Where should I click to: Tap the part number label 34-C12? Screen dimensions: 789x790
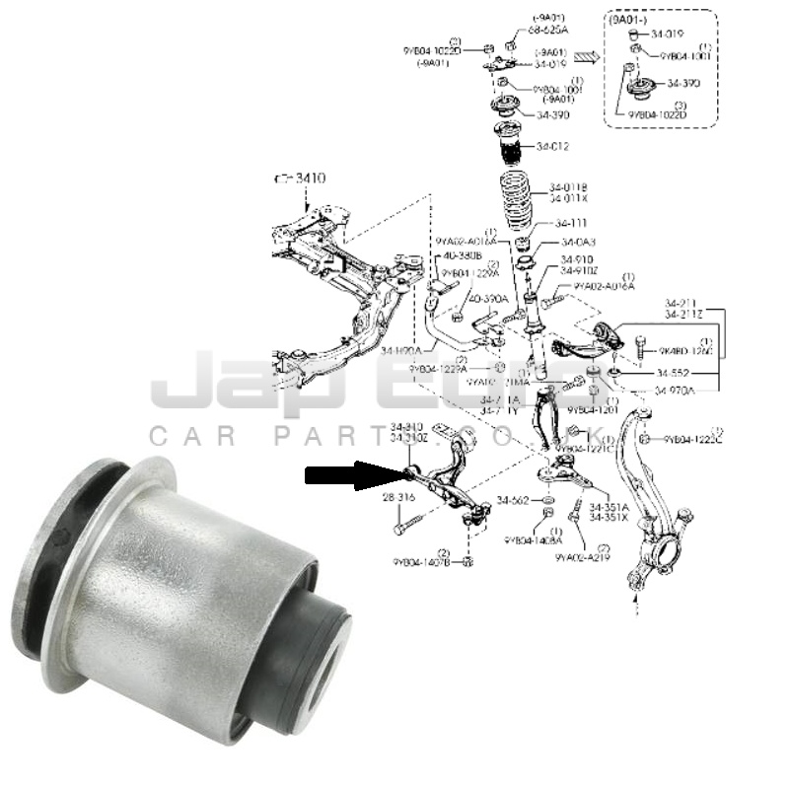click(553, 147)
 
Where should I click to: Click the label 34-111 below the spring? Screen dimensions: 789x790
click(571, 222)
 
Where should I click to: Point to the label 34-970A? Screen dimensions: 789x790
click(676, 391)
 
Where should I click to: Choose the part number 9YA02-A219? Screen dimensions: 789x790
click(583, 557)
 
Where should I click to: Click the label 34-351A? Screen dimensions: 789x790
click(610, 507)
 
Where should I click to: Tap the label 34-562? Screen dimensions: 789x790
click(515, 500)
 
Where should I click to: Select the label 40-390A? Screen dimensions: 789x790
click(487, 298)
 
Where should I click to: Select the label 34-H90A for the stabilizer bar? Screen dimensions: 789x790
click(401, 350)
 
